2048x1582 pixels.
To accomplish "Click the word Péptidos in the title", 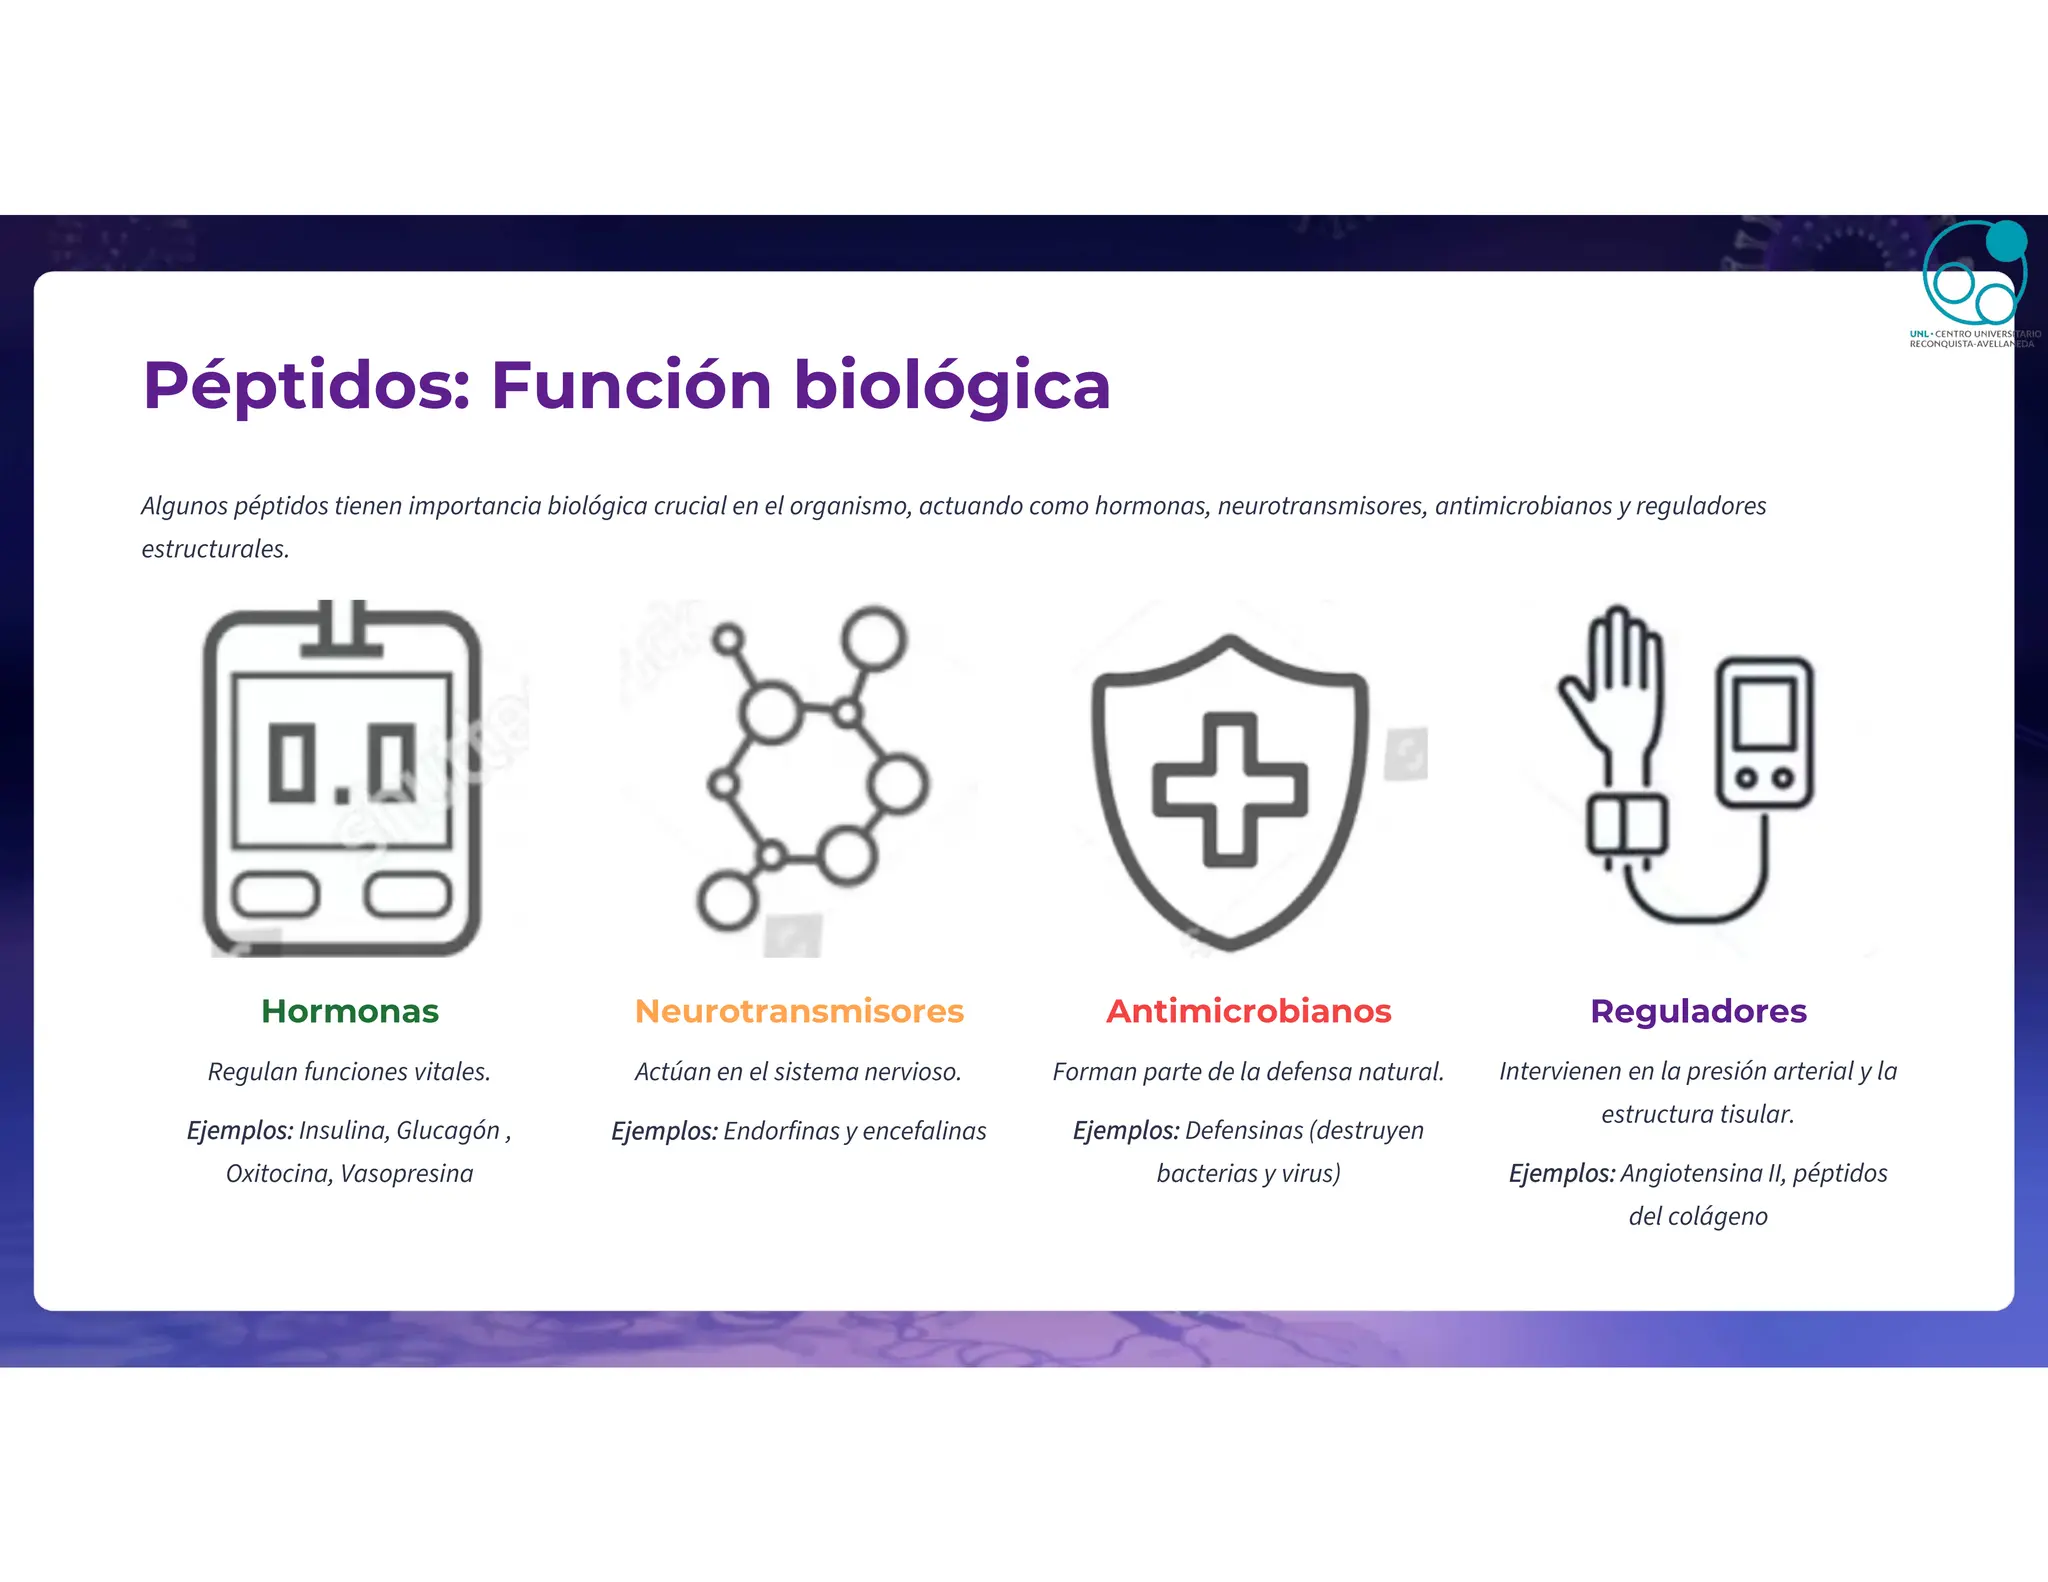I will point(306,386).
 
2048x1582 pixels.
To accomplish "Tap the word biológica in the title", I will point(951,386).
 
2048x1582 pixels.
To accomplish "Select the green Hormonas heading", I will point(349,1011).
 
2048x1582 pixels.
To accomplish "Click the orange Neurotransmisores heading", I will point(799,1011).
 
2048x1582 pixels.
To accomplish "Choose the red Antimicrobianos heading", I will point(1248,1011).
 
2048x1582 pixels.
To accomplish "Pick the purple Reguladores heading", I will point(1698,1011).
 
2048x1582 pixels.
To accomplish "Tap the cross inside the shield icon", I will point(1230,789).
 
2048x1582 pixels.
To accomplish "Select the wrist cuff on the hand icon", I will point(1627,825).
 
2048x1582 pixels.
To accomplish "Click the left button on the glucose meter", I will point(276,894).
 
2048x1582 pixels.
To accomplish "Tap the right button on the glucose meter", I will point(408,894).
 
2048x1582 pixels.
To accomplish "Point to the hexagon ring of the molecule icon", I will point(810,785).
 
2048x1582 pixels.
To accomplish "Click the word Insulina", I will point(342,1130).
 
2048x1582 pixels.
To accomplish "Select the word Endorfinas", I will point(780,1131).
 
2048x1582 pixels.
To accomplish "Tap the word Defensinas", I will point(1244,1130).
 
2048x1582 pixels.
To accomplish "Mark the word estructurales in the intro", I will point(215,549).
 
